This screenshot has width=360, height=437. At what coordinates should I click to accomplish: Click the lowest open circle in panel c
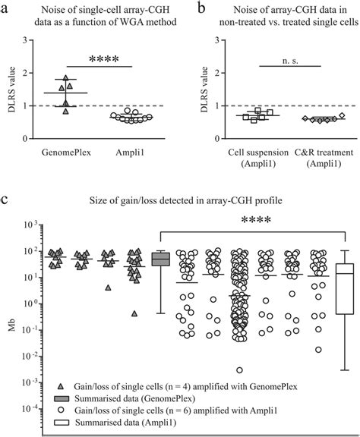click(x=239, y=369)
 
